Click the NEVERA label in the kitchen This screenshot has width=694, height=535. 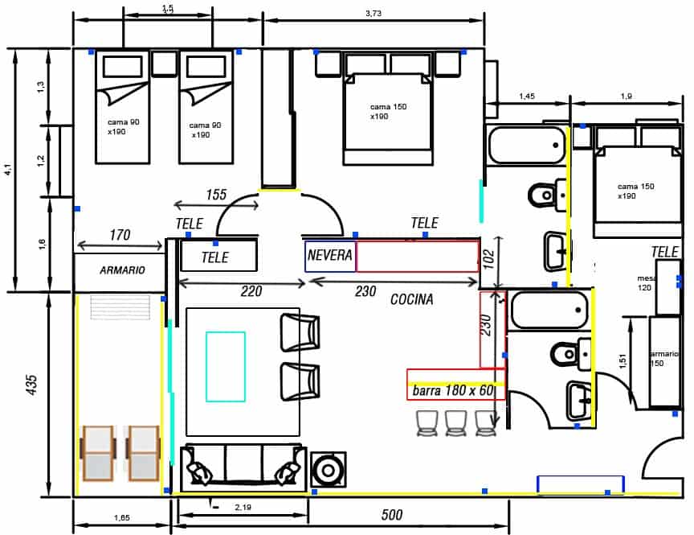point(329,255)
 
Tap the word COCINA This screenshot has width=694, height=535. point(411,299)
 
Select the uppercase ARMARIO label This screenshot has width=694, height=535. point(122,270)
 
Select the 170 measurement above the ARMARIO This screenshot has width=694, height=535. point(120,236)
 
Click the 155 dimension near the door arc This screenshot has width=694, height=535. point(215,195)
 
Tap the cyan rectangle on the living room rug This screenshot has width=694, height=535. point(226,366)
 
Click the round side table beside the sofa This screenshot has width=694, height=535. point(328,469)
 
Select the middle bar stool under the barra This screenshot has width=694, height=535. point(455,423)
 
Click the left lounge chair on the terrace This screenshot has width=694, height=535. point(99,453)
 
